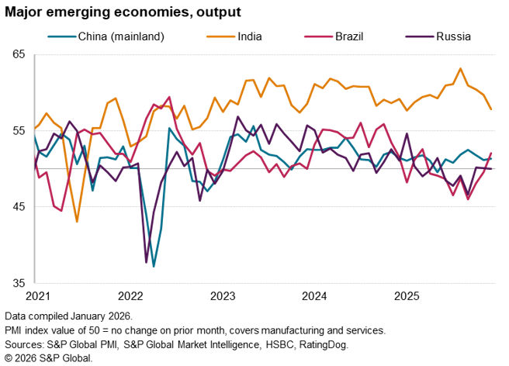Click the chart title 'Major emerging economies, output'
(x=121, y=12)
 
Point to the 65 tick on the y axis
(x=19, y=54)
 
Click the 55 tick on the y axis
(x=19, y=130)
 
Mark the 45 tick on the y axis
(x=19, y=206)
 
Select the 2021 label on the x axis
(x=39, y=296)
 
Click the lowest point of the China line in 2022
(x=154, y=266)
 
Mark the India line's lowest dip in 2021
(x=77, y=222)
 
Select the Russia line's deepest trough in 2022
(x=146, y=262)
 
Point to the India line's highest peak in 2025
(x=461, y=68)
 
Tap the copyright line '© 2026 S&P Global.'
(x=48, y=357)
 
